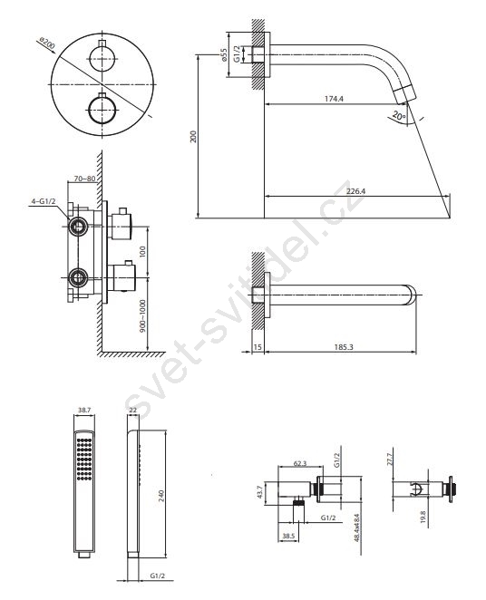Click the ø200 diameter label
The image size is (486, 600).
pyautogui.click(x=47, y=44)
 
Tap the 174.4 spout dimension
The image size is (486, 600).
pyautogui.click(x=334, y=99)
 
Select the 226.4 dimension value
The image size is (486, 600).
pyautogui.click(x=355, y=191)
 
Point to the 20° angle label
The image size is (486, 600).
pyautogui.click(x=398, y=116)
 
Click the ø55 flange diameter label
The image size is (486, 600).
pyautogui.click(x=224, y=53)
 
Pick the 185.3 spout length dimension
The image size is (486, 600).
pyautogui.click(x=344, y=347)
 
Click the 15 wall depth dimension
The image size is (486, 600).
pyautogui.click(x=258, y=347)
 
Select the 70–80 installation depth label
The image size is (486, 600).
pyautogui.click(x=84, y=179)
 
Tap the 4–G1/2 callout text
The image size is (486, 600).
pyautogui.click(x=43, y=201)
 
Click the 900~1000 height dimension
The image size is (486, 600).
pyautogui.click(x=142, y=316)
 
